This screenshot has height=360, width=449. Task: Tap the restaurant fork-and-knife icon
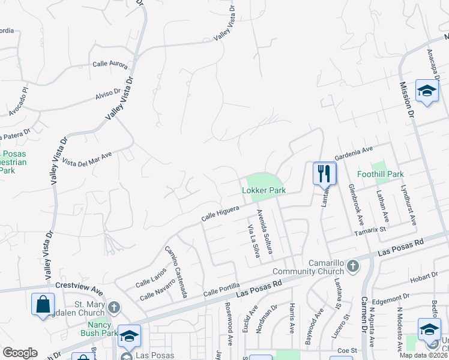coord(324,173)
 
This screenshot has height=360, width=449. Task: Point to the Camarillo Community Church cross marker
coord(353,265)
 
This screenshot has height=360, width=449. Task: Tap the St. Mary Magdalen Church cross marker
coord(114,308)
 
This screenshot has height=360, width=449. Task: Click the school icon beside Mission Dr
coord(427,91)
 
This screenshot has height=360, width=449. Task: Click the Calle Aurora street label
coord(110,64)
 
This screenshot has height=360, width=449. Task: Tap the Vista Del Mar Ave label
coord(87,160)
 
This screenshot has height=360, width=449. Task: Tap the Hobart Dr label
coord(426,277)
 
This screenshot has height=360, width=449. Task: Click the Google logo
coord(20,353)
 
